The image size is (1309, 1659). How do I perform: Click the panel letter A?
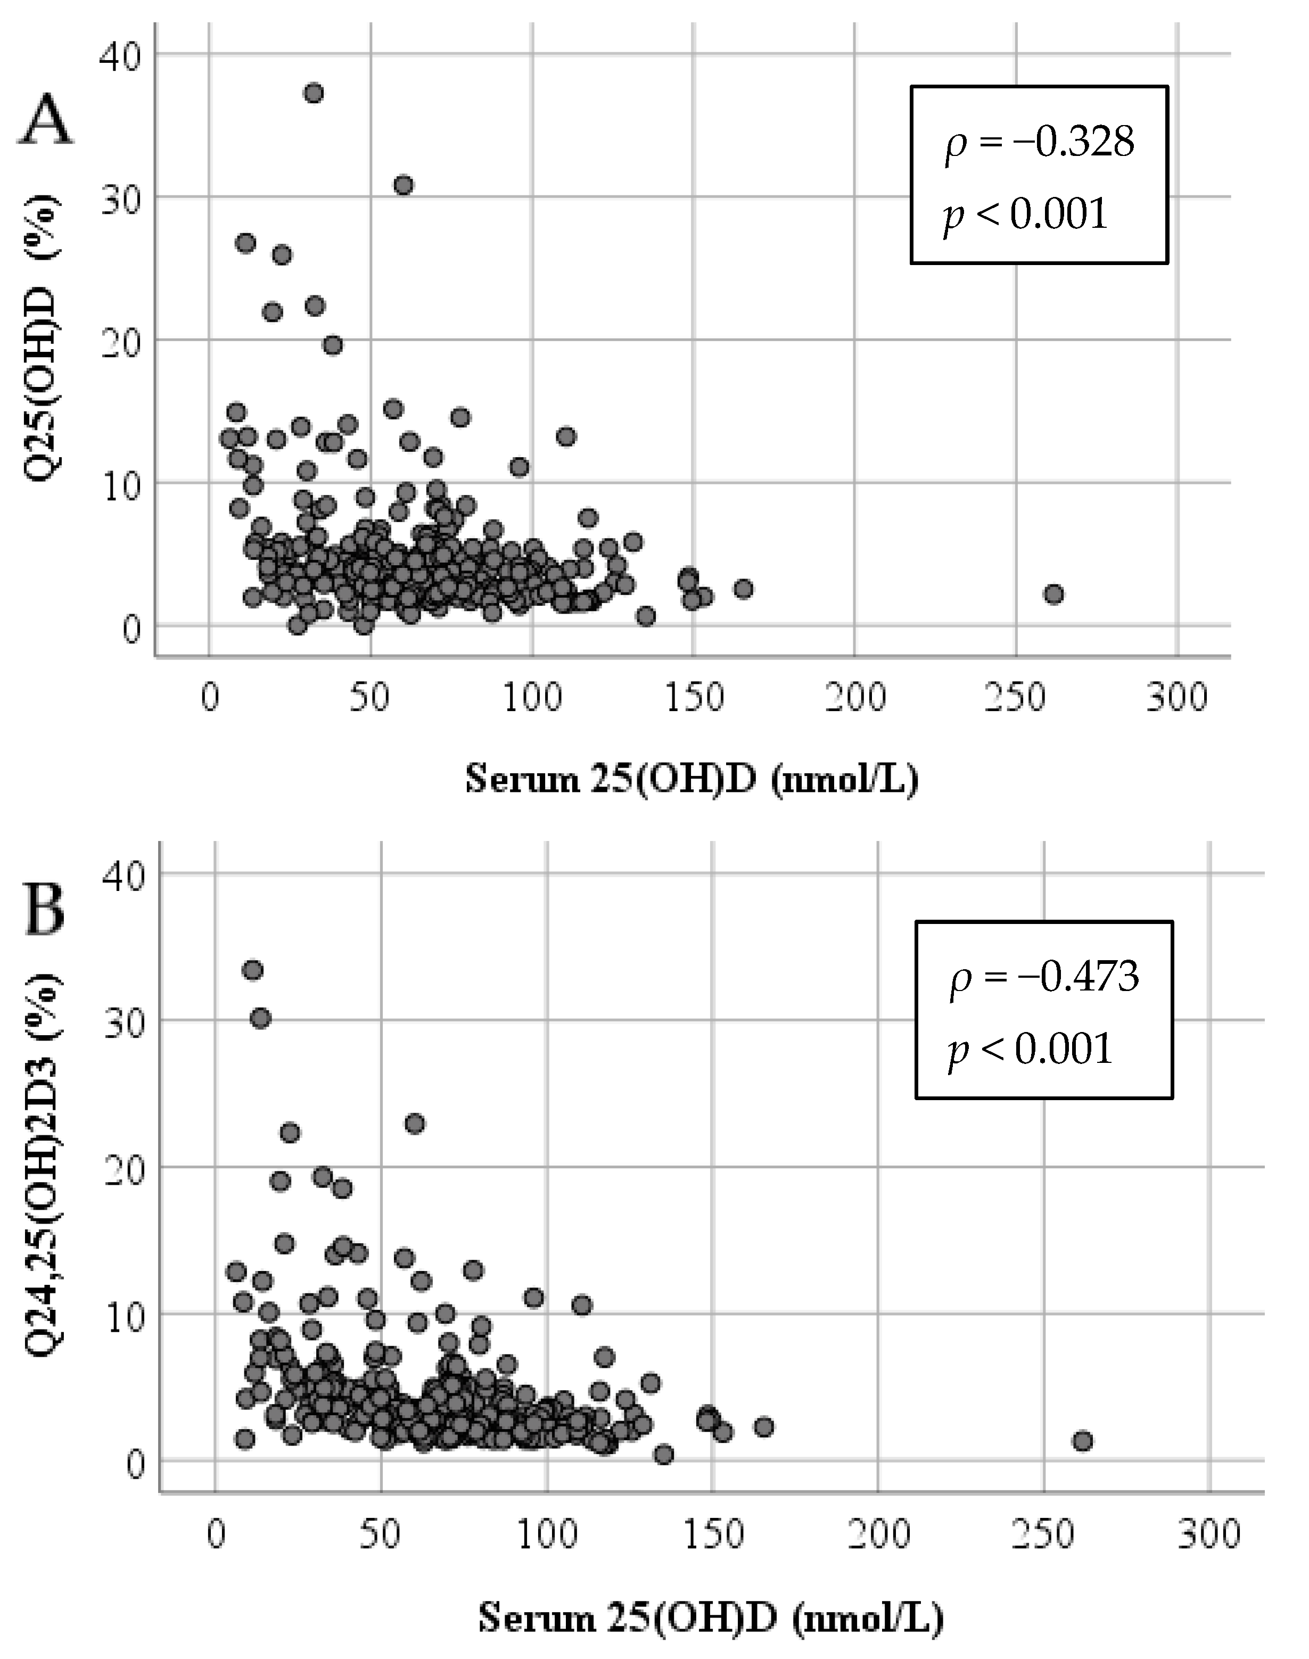click(45, 122)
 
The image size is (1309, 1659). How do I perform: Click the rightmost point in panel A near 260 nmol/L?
click(1054, 594)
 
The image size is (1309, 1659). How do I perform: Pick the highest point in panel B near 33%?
click(253, 970)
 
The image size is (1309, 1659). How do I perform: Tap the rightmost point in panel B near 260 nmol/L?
click(1082, 1441)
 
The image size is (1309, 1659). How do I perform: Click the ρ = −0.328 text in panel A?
click(1039, 143)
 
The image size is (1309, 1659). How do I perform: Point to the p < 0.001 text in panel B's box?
click(1031, 1049)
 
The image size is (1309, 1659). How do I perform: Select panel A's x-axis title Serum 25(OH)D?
click(691, 780)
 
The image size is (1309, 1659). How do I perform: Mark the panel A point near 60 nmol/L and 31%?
click(404, 185)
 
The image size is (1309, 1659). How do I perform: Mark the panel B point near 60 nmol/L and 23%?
click(415, 1124)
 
